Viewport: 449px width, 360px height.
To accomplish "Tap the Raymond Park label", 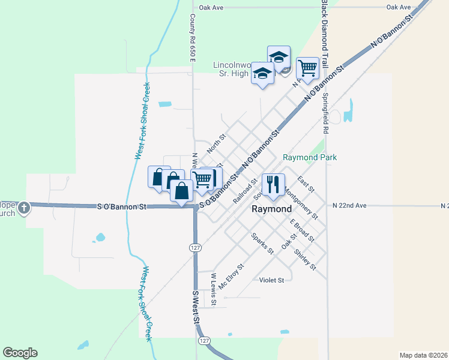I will click(310, 157).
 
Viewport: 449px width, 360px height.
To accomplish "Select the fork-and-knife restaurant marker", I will click(273, 185).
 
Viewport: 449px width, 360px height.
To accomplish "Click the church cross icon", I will click(23, 208).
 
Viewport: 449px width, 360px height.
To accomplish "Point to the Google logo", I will click(20, 353).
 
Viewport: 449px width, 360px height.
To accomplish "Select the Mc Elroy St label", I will click(231, 277).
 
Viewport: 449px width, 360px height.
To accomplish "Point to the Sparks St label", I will click(262, 242).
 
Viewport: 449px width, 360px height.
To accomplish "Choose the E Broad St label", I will click(302, 230).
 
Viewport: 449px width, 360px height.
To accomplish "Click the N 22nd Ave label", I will click(349, 205).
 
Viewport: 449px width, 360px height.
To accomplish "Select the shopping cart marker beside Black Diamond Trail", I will click(307, 68).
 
